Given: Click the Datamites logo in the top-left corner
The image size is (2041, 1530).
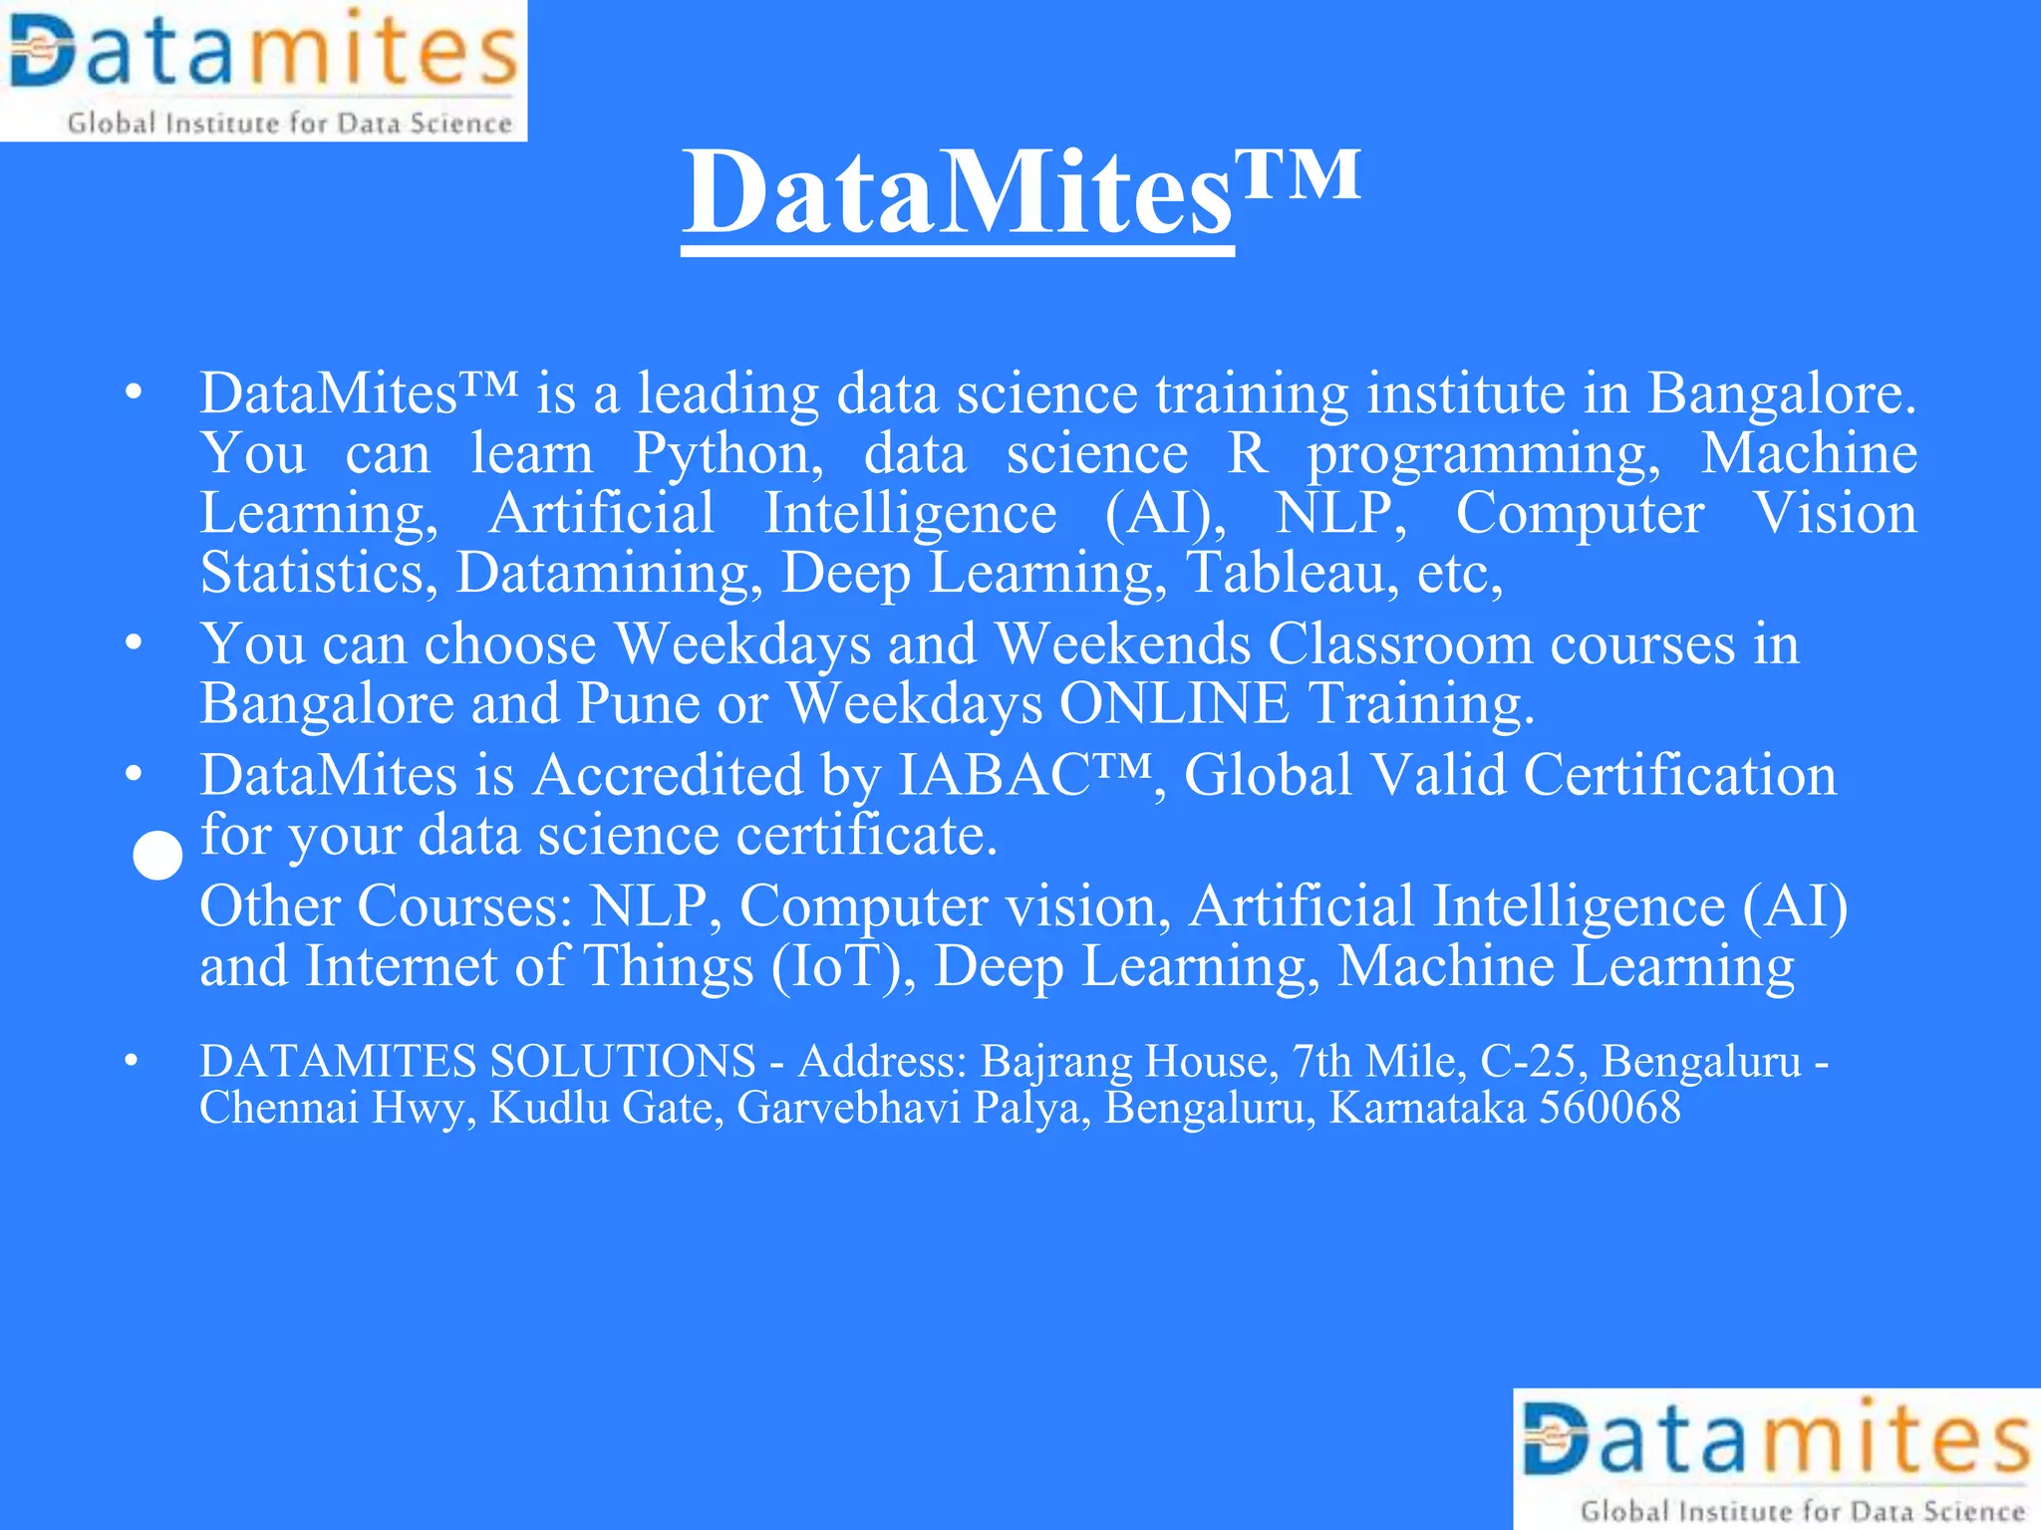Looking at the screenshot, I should (263, 70).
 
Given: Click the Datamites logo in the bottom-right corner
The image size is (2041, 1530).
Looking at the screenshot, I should (1777, 1459).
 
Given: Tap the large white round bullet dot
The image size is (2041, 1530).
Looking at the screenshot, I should (157, 856).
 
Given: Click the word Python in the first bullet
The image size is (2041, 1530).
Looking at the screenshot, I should (729, 454).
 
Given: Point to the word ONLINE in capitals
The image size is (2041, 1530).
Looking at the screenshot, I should (1175, 704).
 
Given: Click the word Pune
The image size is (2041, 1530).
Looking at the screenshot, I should (638, 704).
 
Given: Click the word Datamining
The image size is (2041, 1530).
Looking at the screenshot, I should (603, 574).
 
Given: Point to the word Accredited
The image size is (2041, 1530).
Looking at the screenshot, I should (668, 775).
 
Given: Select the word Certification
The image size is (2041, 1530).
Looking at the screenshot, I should (1680, 775).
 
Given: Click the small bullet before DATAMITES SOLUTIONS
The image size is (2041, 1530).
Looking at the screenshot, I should (131, 1062).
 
